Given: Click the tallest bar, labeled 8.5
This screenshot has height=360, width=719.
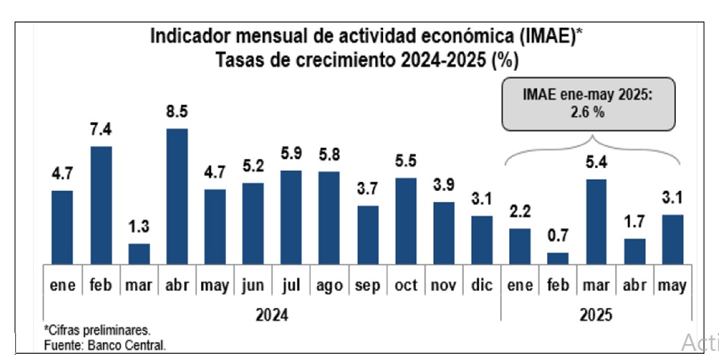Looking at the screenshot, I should (x=177, y=196).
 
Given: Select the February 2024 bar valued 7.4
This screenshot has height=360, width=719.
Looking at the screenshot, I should (x=101, y=205).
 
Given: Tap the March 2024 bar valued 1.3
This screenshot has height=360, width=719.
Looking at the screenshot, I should (x=139, y=254).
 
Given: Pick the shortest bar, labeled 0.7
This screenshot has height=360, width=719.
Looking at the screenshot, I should (x=558, y=258).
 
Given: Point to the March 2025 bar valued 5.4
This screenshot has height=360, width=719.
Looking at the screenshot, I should (x=596, y=222).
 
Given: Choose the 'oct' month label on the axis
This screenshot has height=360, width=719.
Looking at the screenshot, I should (x=406, y=286).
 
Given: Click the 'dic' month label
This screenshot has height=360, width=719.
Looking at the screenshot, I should (x=482, y=286).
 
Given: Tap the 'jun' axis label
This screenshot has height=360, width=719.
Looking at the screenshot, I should (x=253, y=286).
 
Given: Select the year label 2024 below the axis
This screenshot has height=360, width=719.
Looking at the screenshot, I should (x=271, y=315).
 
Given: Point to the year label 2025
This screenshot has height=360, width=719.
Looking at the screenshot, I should (x=595, y=315).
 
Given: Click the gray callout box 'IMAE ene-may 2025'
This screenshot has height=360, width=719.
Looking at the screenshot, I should (x=588, y=104).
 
